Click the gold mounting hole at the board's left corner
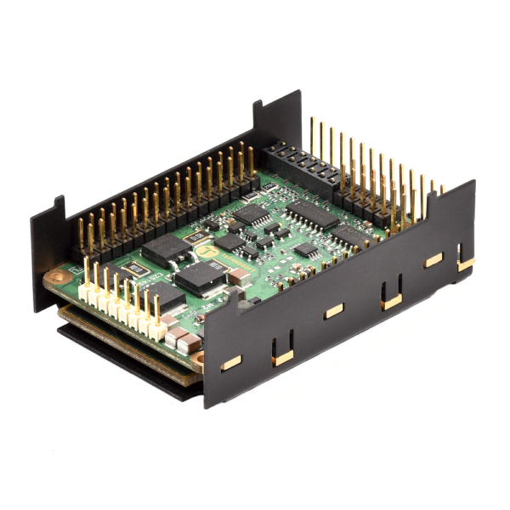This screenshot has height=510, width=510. click(x=58, y=277)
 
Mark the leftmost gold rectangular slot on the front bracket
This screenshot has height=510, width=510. click(x=230, y=363)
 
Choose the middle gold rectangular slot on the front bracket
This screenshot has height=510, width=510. click(x=333, y=311)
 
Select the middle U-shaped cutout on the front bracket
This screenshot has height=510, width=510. click(x=390, y=294)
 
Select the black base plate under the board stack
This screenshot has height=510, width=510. click(x=127, y=365)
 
